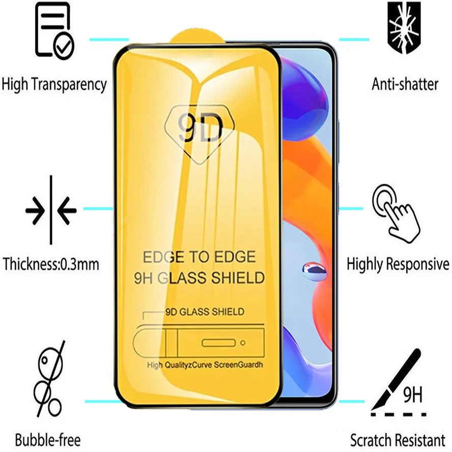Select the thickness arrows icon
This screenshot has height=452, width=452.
(x=50, y=210)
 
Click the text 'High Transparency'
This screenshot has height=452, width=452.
(x=54, y=84)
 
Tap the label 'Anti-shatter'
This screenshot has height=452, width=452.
(x=405, y=84)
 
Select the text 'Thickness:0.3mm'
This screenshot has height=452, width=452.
(x=51, y=264)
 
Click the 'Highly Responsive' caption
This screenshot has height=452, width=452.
(x=398, y=264)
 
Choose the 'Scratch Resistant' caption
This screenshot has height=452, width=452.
(x=398, y=439)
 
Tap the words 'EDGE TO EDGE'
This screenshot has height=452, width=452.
(x=199, y=257)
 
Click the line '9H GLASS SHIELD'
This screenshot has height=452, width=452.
(x=199, y=278)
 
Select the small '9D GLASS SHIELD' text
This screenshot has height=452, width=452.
(x=205, y=312)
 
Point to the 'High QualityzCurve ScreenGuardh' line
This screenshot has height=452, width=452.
(x=205, y=365)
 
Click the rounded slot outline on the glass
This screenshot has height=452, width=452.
(x=218, y=343)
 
